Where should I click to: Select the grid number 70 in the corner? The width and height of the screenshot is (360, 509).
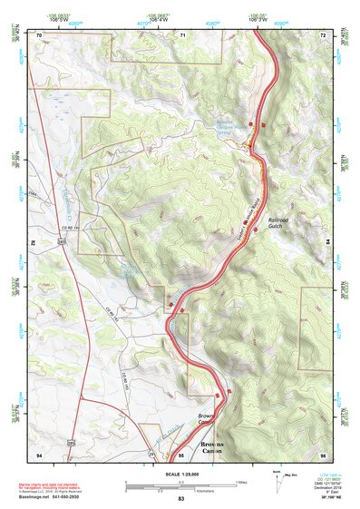39,34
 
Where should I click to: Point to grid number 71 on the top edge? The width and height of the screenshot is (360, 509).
182,34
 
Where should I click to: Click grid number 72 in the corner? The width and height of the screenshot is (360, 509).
322,34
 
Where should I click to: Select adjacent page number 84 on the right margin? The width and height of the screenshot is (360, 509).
328,243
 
